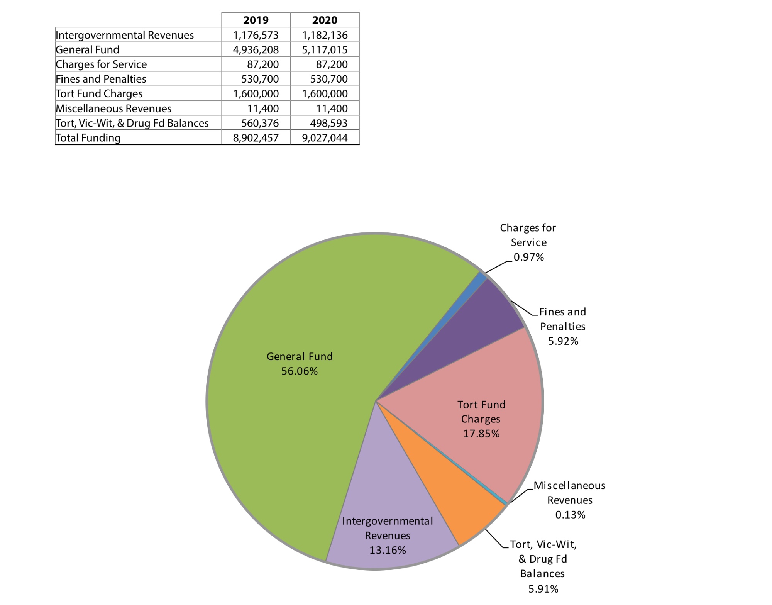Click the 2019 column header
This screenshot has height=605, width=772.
(256, 20)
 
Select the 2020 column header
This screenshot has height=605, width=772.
(325, 20)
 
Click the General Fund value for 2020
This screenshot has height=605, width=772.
(325, 50)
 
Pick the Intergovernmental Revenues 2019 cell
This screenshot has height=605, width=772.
(256, 35)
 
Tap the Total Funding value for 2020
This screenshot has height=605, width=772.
(325, 138)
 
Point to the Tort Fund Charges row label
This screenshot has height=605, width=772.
(99, 94)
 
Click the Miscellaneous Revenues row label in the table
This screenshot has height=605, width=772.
(113, 108)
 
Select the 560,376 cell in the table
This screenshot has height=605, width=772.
(260, 123)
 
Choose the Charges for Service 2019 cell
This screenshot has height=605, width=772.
(263, 64)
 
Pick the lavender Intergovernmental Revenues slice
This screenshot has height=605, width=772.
(390, 494)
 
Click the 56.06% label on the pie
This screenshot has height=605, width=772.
(300, 371)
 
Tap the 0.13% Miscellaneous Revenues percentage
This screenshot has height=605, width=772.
(570, 515)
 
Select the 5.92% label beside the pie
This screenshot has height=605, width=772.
(563, 341)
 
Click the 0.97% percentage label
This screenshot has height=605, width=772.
(528, 257)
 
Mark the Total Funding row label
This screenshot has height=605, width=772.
(88, 138)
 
